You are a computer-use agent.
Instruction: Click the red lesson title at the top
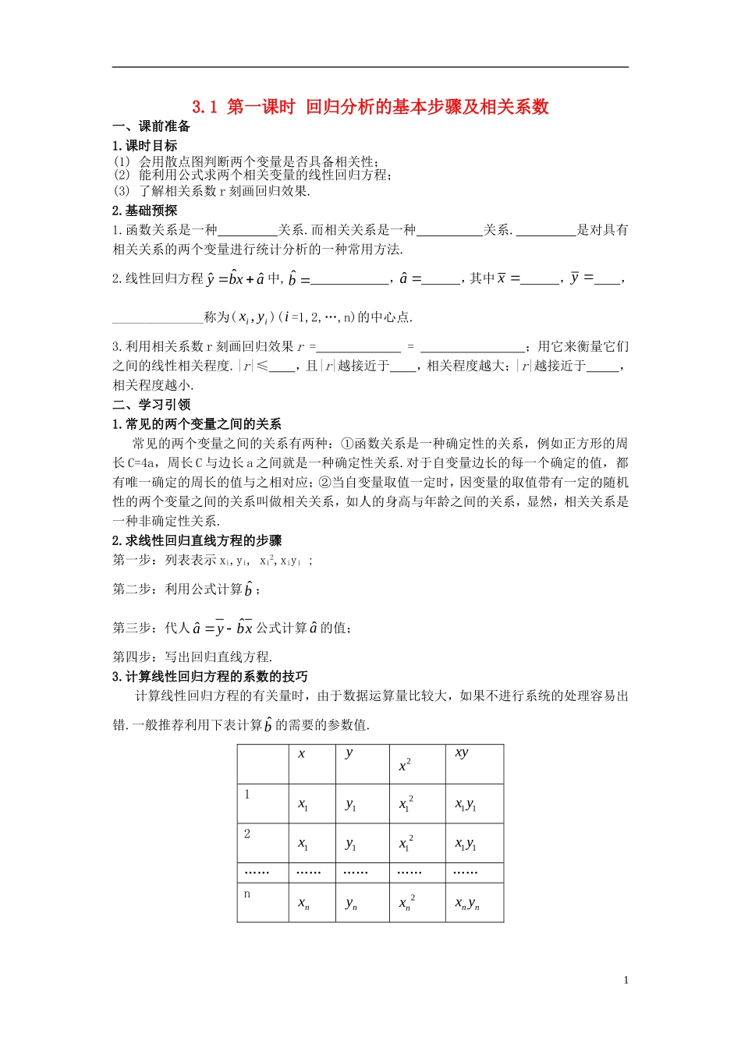coord(370,107)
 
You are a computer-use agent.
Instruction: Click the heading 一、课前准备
coord(152,127)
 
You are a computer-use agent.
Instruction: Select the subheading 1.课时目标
coord(145,146)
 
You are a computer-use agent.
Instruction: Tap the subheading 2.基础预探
coord(145,211)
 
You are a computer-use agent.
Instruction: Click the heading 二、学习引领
coord(152,405)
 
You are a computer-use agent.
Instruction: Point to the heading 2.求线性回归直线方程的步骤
coord(197,540)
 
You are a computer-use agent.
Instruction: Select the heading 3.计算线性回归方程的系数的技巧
coord(210,676)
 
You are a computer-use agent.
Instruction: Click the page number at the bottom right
coord(626,980)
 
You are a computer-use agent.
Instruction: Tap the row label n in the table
coord(247,894)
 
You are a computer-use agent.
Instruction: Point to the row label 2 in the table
coord(247,834)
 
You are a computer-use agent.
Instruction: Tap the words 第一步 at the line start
coord(132,560)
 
